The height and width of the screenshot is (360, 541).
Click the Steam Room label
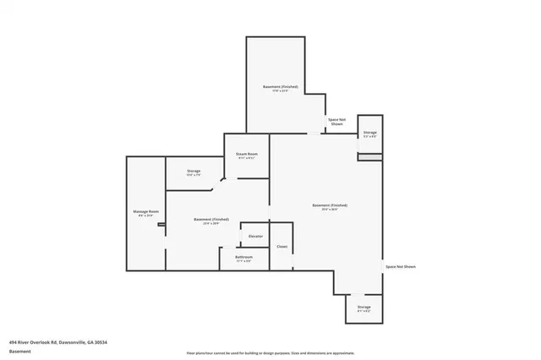click(247, 154)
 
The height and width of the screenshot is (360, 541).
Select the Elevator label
click(255, 236)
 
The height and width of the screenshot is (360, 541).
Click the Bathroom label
click(243, 257)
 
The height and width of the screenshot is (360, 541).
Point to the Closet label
click(281, 247)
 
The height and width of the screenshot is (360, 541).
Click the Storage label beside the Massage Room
click(194, 172)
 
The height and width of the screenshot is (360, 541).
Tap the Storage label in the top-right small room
click(370, 133)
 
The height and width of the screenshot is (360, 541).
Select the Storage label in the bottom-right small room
click(363, 307)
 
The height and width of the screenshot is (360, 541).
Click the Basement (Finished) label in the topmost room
click(281, 87)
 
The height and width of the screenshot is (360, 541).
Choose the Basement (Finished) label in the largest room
click(330, 205)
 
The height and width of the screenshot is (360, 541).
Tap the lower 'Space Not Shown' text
click(401, 267)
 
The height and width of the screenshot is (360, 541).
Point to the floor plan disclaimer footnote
click(270, 353)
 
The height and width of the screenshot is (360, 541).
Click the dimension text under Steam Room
click(247, 158)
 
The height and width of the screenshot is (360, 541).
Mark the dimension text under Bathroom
click(243, 261)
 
